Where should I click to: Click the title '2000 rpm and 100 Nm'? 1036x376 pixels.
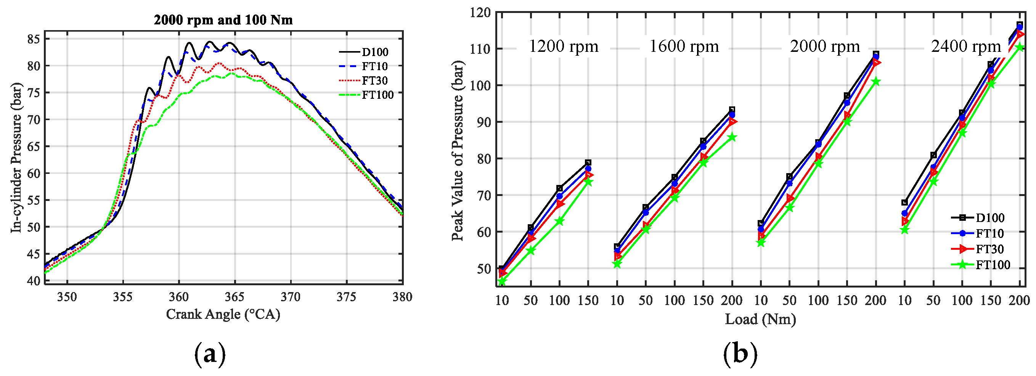tap(223, 20)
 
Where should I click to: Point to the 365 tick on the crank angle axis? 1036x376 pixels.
tap(235, 297)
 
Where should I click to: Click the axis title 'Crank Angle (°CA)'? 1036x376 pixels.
tap(223, 314)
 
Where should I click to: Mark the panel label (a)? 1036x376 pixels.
tap(210, 354)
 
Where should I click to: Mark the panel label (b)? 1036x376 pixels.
tap(740, 354)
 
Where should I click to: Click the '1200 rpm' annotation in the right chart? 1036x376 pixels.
tap(563, 47)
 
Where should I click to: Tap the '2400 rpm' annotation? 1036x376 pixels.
tap(965, 47)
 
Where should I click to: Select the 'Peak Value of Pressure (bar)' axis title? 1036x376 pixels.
tap(457, 151)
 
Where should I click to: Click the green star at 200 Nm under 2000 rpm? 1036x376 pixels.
tap(875, 82)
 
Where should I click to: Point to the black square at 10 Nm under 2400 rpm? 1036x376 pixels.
tap(904, 202)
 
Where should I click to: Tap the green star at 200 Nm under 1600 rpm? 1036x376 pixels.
tap(732, 138)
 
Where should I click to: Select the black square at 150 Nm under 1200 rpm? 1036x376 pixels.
tap(588, 162)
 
